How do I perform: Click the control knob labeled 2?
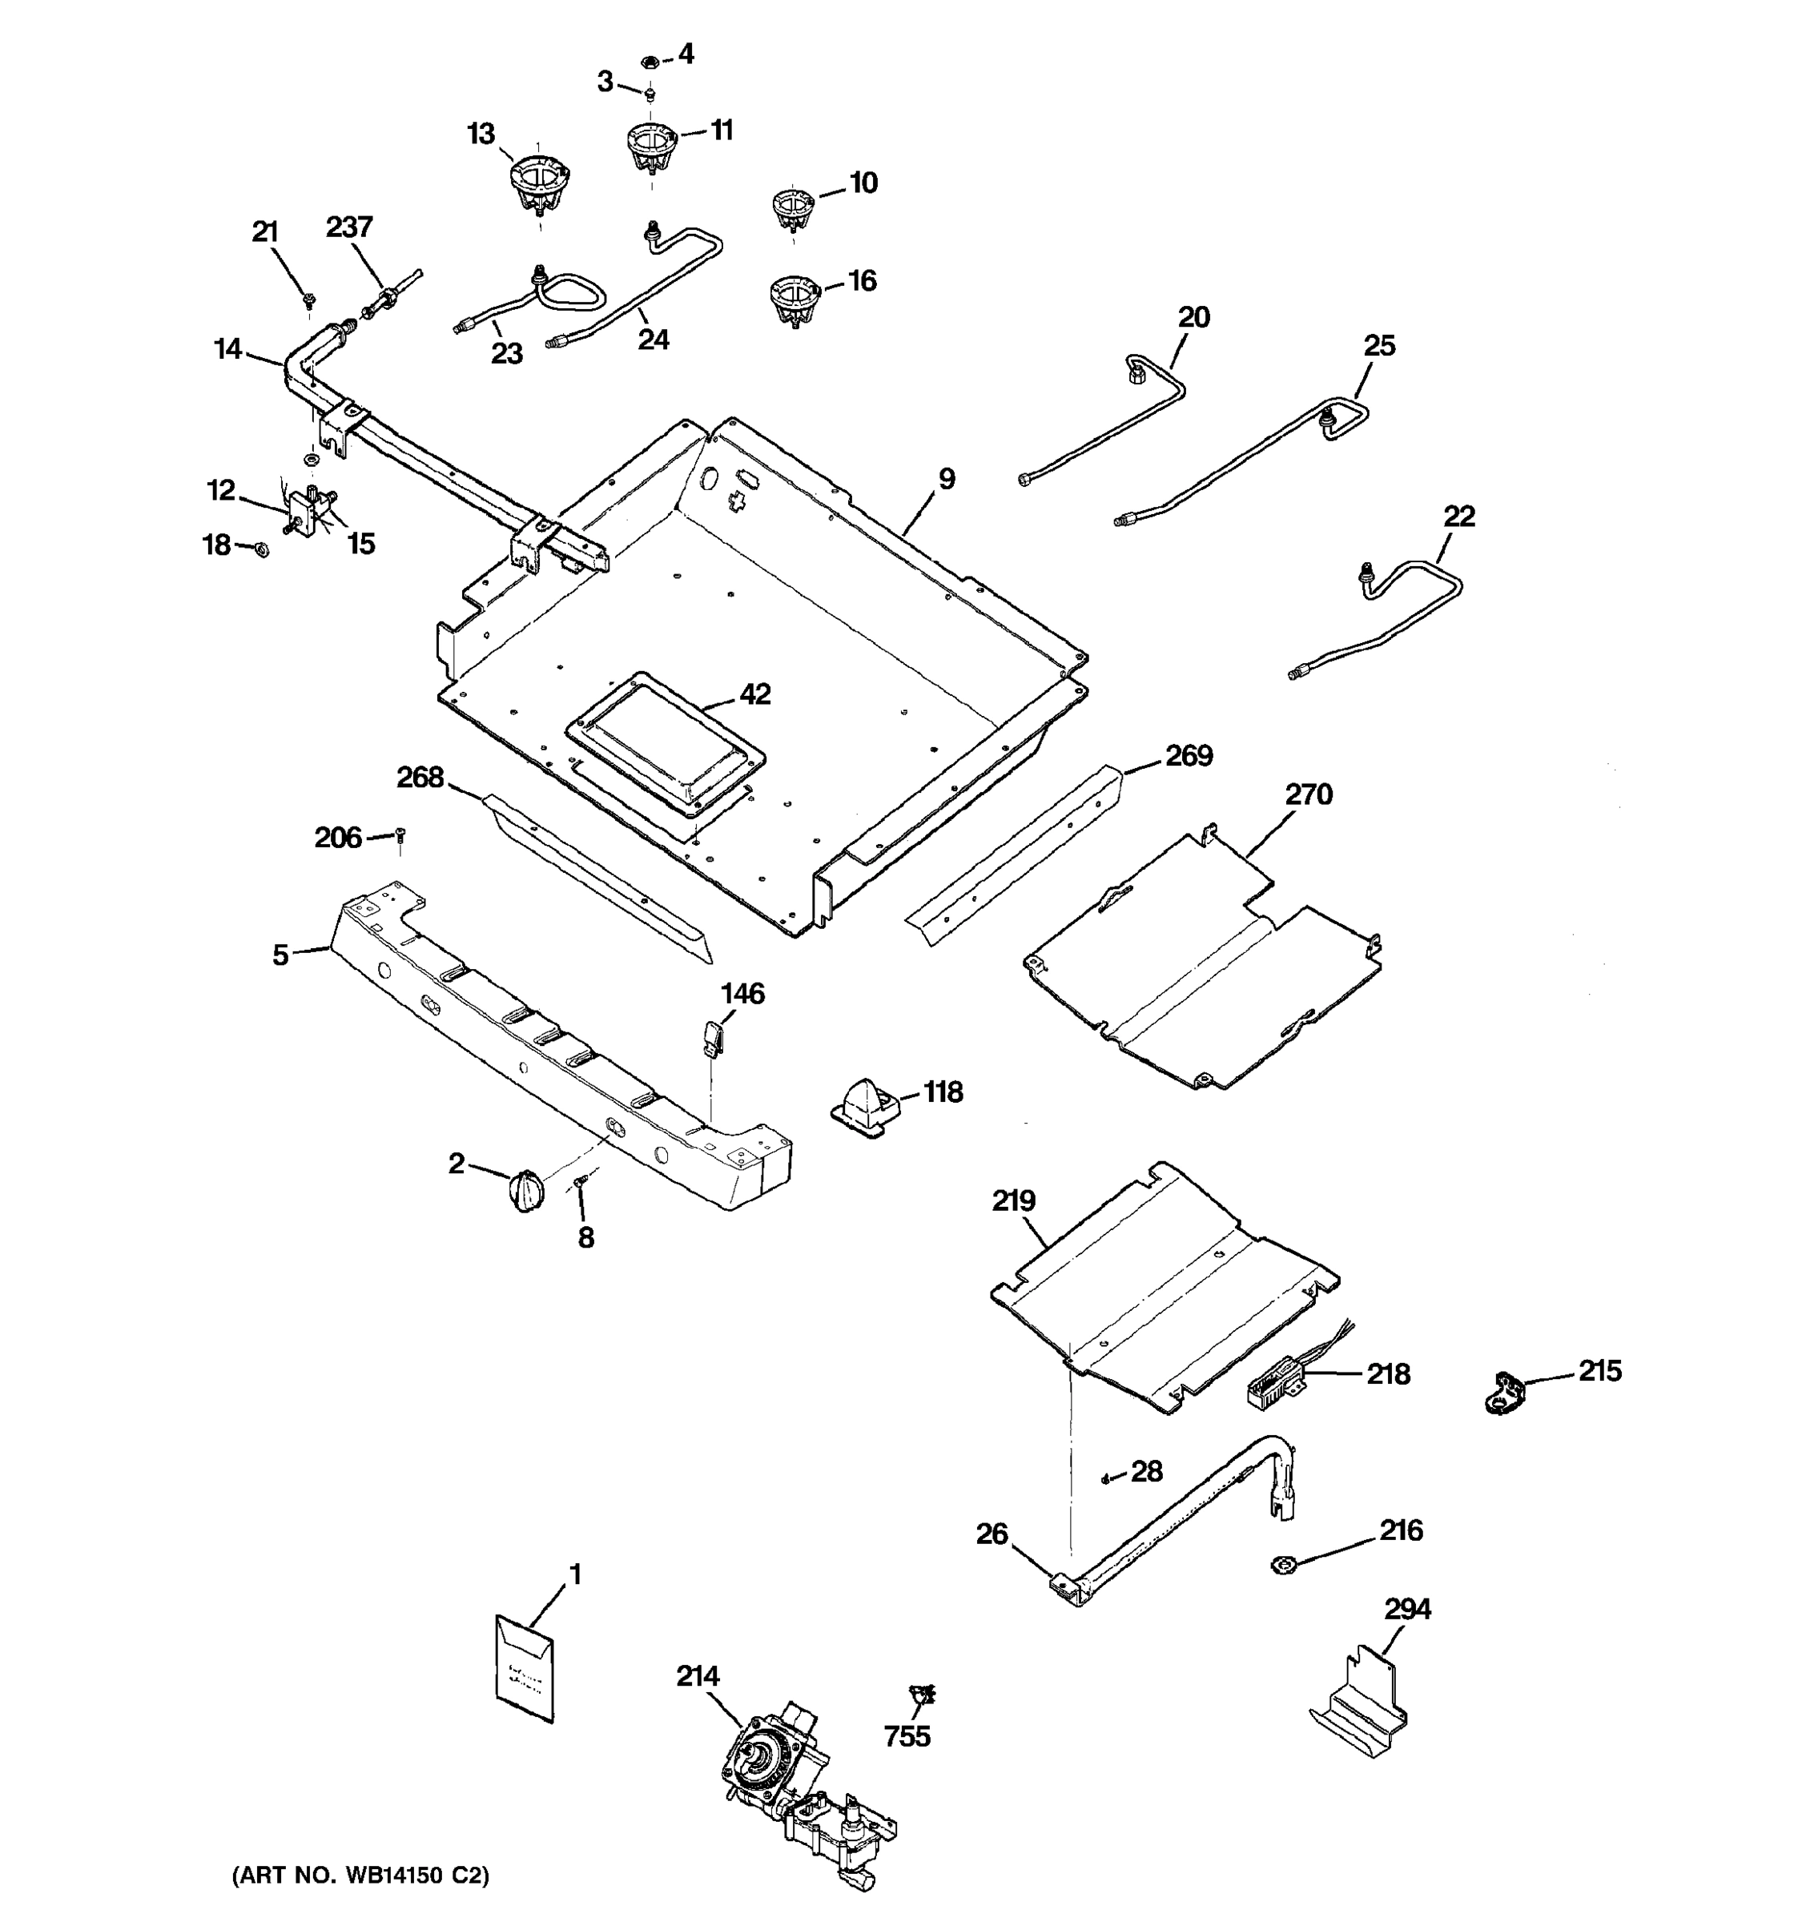[x=525, y=1190]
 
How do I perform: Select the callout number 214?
[x=697, y=1676]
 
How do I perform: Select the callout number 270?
[x=1308, y=794]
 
